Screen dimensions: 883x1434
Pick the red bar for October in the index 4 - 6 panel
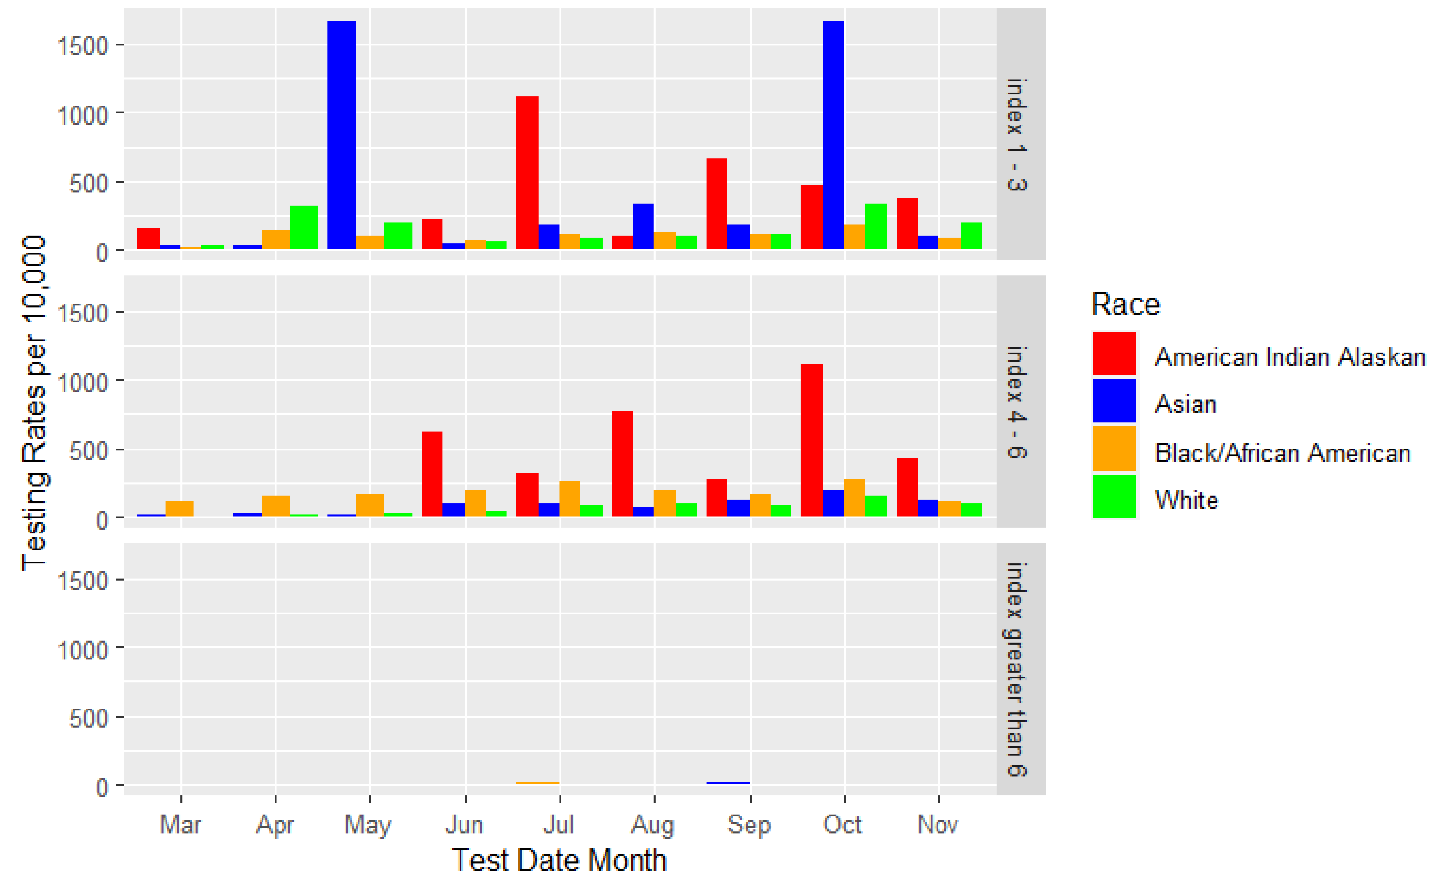[812, 440]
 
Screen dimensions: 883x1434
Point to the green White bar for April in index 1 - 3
[304, 227]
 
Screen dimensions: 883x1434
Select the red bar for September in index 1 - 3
[716, 203]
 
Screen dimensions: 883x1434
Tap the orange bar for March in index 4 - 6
[179, 509]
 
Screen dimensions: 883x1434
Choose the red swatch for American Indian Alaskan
[1114, 353]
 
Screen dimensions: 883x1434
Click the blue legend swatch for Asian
[1114, 401]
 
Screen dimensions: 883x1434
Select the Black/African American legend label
[1282, 453]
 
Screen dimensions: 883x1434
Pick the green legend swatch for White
[1114, 497]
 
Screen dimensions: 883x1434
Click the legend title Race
[1125, 304]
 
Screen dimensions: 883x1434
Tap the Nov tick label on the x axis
[938, 825]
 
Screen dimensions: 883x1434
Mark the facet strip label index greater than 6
[1017, 669]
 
